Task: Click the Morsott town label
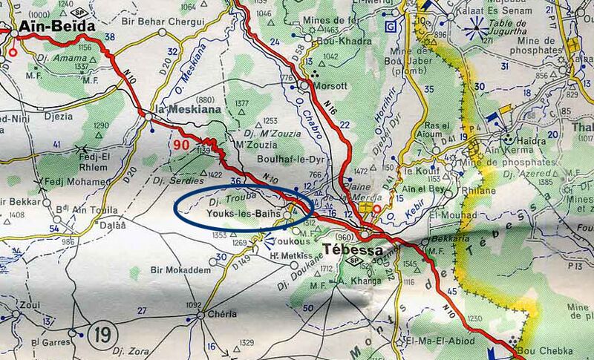point(330,85)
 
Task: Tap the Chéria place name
point(222,314)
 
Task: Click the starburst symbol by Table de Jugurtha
point(474,32)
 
